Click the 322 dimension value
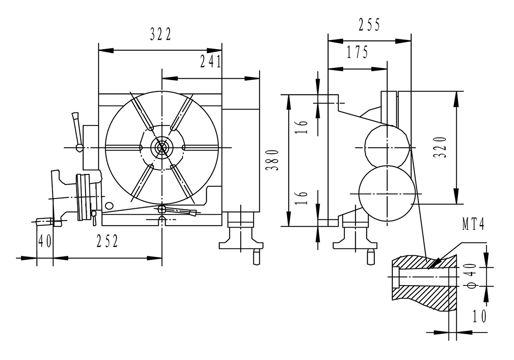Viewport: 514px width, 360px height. coord(161,35)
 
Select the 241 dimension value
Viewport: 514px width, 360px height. coord(210,62)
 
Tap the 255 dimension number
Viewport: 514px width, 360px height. coord(369,25)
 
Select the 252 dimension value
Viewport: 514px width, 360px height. coord(107,241)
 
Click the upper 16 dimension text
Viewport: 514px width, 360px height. coord(304,126)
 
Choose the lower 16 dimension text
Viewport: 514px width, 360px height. coord(304,198)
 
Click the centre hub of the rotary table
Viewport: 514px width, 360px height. coord(161,147)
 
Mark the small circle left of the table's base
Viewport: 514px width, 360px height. coord(108,206)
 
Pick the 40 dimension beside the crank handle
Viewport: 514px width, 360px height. coord(45,241)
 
